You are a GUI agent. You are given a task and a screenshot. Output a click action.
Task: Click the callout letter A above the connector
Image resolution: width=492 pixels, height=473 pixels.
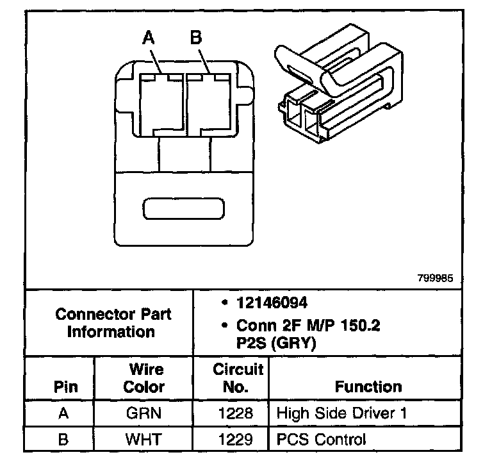(x=149, y=38)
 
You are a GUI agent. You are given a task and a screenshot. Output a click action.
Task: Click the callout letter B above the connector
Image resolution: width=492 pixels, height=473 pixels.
(x=196, y=37)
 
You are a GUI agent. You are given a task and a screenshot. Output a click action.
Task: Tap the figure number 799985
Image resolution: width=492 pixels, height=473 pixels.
(x=435, y=278)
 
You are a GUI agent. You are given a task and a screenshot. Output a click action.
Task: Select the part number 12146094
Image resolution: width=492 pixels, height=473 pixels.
(x=272, y=303)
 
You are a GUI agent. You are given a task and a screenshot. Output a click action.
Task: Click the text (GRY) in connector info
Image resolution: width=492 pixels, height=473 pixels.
(x=293, y=343)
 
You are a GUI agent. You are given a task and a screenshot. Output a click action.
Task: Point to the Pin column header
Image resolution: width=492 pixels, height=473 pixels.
(x=65, y=386)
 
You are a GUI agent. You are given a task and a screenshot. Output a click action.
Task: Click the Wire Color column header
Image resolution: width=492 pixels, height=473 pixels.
(x=144, y=378)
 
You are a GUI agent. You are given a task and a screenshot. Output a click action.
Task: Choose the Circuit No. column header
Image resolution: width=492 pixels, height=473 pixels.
(x=238, y=378)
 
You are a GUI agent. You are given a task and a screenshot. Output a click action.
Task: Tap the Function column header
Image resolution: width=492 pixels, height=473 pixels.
(x=368, y=386)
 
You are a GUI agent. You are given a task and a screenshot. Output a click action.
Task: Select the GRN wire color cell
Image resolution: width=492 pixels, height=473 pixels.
(x=143, y=413)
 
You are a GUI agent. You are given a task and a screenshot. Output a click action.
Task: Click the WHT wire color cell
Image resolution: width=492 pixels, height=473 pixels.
(x=143, y=440)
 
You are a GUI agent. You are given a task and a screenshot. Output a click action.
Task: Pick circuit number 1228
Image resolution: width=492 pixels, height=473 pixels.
(x=235, y=413)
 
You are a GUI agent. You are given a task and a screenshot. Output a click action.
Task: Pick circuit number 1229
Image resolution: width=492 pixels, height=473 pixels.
(x=235, y=440)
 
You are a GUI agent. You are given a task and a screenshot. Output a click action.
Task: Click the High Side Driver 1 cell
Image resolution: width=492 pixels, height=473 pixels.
(x=341, y=413)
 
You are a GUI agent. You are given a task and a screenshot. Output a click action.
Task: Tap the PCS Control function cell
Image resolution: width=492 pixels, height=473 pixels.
(x=322, y=440)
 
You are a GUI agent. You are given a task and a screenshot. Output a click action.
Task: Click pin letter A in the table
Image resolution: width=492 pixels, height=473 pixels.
(x=63, y=413)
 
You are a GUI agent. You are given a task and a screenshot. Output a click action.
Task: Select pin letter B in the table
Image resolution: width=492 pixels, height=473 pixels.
(x=63, y=440)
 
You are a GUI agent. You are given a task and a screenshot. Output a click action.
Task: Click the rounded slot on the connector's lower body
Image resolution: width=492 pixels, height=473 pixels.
(x=184, y=208)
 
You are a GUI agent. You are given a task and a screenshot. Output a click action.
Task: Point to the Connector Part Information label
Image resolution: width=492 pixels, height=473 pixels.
(x=113, y=323)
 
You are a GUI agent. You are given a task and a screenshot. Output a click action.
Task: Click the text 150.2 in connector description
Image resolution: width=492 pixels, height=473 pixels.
(x=360, y=326)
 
